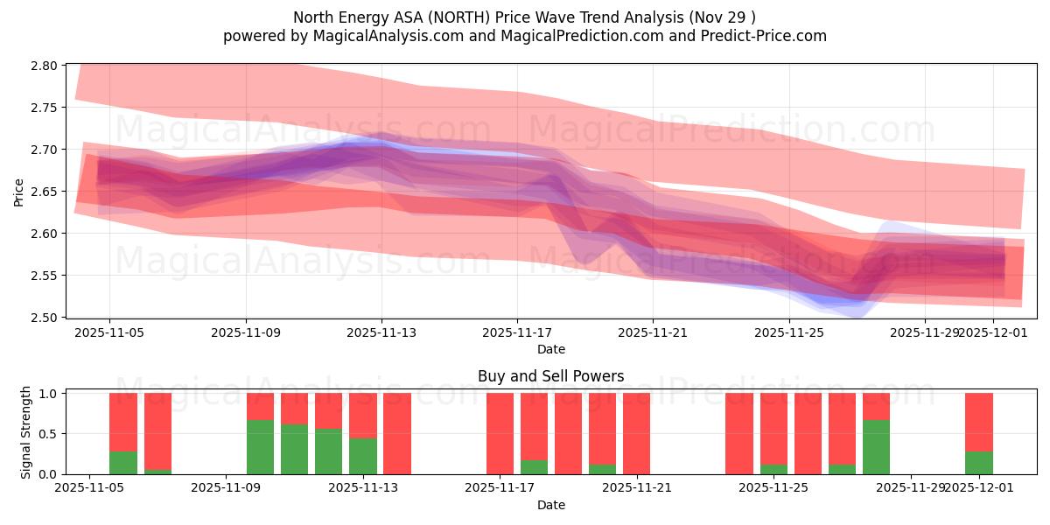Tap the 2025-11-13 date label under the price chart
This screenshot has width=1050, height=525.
click(x=381, y=332)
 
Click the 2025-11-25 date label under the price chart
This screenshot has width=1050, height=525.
click(x=789, y=332)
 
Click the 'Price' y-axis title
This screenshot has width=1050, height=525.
click(x=18, y=191)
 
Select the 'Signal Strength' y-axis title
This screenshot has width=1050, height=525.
click(x=26, y=433)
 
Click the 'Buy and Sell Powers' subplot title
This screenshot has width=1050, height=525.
click(x=550, y=377)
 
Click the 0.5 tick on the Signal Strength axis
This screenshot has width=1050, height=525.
click(x=50, y=434)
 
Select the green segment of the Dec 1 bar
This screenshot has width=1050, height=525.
click(x=978, y=463)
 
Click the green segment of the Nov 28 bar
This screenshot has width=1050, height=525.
click(x=876, y=447)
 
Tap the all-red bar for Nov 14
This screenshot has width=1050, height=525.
click(x=397, y=433)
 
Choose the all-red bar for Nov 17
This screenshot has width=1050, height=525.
click(x=500, y=433)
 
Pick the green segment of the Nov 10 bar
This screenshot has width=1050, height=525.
click(x=260, y=447)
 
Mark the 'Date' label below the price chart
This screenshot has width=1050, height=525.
click(x=550, y=349)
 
